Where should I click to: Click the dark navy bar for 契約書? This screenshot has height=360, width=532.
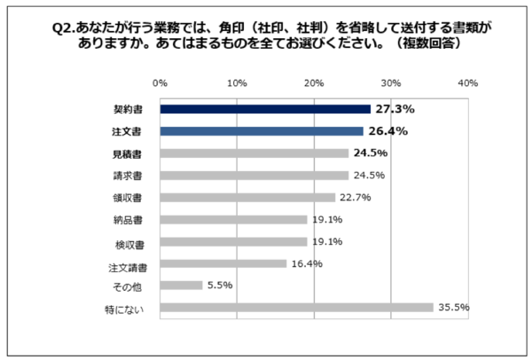pos(265,109)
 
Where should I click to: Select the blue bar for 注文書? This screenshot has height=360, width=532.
pos(262,131)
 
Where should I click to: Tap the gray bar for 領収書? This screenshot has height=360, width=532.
pos(247,197)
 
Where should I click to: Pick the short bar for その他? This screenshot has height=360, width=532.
pos(181,286)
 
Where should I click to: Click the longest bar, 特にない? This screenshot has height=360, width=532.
pos(296,308)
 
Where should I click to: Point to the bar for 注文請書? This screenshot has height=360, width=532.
pos(223,263)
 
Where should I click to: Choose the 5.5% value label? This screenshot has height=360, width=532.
pos(218,286)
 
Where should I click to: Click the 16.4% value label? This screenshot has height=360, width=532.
pos(305,263)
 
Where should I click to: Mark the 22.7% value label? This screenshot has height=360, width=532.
pos(354,197)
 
